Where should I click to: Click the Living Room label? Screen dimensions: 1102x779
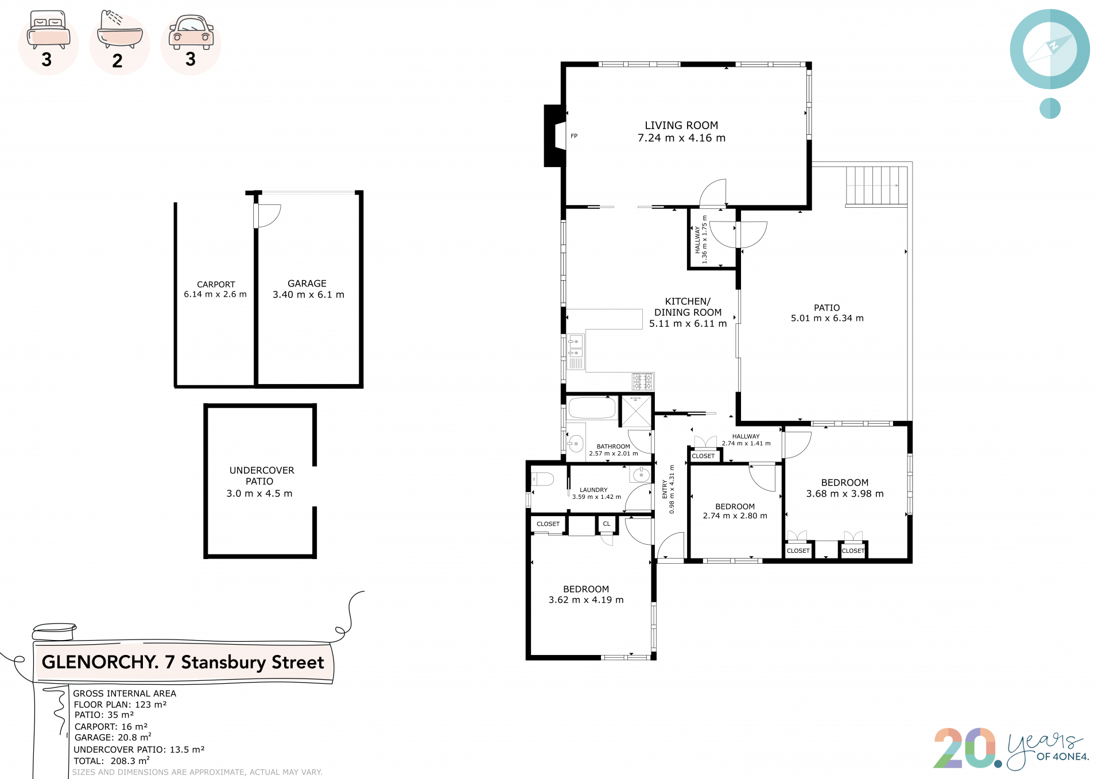tap(681, 125)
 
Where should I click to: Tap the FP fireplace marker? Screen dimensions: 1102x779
tap(574, 136)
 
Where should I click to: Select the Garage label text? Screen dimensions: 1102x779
tap(307, 284)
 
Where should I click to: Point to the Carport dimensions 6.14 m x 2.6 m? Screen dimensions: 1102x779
tap(215, 294)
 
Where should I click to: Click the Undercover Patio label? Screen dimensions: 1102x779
tap(262, 476)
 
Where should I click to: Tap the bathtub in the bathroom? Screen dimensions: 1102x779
tap(592, 408)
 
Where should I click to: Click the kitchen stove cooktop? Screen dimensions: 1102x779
tap(643, 381)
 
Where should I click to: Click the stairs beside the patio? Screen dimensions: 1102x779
tap(876, 186)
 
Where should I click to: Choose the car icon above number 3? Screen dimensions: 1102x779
tap(191, 33)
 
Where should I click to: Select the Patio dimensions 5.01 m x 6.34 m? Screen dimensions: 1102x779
tap(827, 318)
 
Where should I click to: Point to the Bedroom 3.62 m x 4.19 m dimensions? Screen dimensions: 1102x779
tap(586, 600)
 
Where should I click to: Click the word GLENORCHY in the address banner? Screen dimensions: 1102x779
tap(100, 662)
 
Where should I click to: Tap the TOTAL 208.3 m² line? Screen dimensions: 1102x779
tap(112, 761)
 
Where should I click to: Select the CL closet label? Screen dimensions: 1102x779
tap(607, 524)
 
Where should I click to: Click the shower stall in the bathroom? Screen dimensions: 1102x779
tap(637, 411)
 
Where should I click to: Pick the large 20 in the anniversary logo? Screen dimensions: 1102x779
tap(964, 747)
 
